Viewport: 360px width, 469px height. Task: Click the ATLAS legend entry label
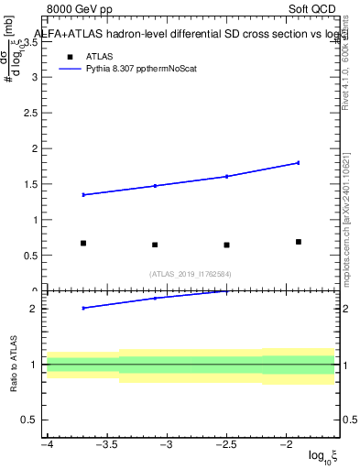point(100,56)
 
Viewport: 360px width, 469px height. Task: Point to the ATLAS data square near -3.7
point(83,244)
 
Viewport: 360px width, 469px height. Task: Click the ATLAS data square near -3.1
point(155,245)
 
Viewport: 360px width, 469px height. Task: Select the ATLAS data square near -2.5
point(226,245)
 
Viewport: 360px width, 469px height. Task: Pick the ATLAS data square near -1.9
point(298,242)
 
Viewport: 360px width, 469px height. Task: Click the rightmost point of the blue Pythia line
point(298,163)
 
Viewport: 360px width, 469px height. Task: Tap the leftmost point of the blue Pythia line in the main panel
point(83,195)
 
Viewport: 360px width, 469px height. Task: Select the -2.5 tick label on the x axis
point(226,445)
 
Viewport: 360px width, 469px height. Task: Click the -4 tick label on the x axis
point(47,445)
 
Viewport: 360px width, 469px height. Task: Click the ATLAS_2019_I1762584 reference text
point(191,274)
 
